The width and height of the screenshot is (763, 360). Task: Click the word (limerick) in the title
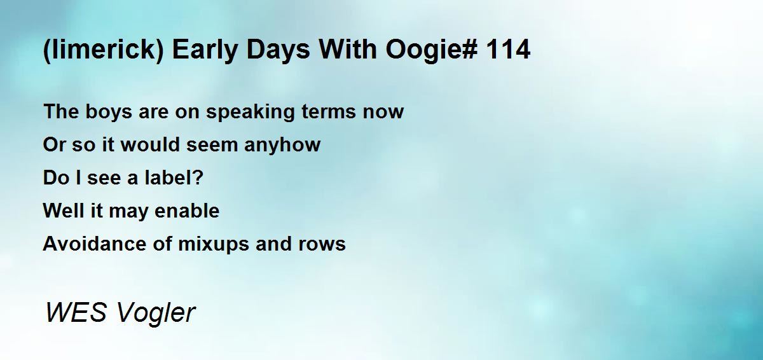click(104, 50)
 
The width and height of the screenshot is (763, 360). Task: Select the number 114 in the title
click(508, 49)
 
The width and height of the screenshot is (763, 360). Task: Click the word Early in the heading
click(205, 50)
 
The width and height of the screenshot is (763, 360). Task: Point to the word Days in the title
click(278, 49)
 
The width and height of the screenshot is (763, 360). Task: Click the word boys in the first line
click(109, 112)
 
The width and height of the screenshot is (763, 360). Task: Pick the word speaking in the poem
click(251, 112)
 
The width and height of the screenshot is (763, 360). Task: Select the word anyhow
click(282, 145)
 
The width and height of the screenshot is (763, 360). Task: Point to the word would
click(150, 144)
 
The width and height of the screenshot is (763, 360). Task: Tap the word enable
click(187, 211)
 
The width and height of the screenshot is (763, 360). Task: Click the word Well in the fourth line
click(64, 211)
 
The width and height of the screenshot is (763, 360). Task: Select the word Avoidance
click(95, 244)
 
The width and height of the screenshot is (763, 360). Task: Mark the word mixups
click(214, 245)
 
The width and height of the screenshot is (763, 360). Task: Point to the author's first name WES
click(76, 312)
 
